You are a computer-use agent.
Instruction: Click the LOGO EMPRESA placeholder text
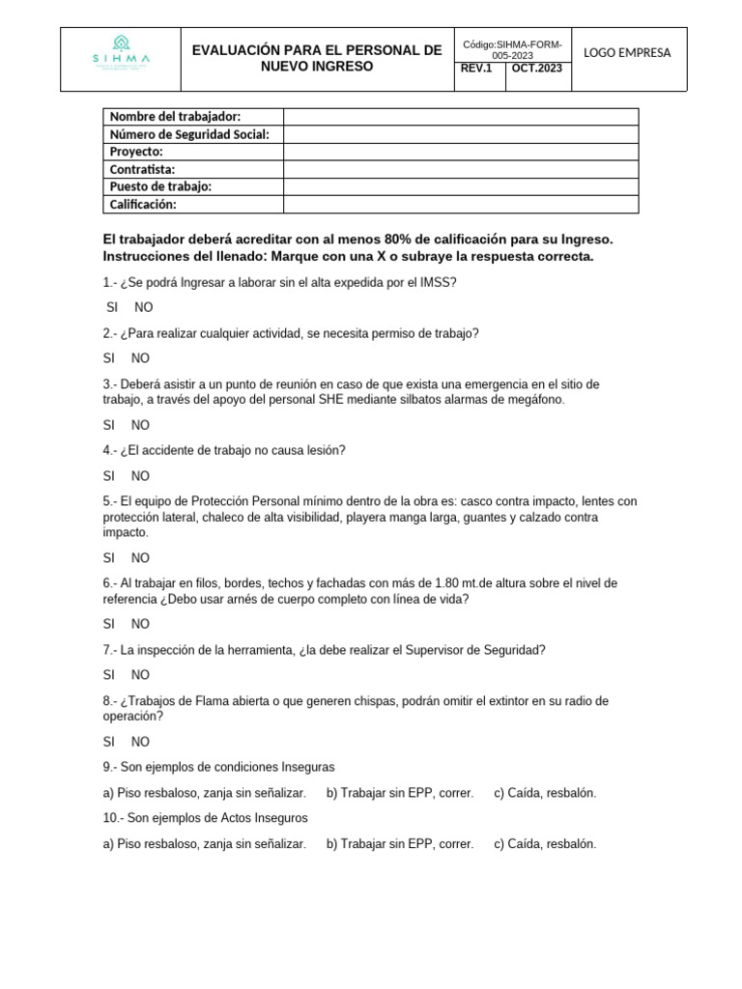[x=628, y=52]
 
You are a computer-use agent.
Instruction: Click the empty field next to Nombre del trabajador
[x=461, y=117]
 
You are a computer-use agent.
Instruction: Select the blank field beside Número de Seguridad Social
[x=461, y=134]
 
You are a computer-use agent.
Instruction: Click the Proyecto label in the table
[x=136, y=152]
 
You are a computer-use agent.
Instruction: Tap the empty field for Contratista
[x=461, y=169]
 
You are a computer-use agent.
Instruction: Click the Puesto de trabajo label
[x=160, y=186]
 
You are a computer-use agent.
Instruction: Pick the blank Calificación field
[x=461, y=204]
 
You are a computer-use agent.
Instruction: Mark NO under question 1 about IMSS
[x=144, y=307]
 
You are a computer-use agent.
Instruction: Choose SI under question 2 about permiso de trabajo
[x=108, y=357]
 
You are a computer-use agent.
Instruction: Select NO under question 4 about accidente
[x=140, y=475]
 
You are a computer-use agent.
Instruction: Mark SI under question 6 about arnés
[x=108, y=624]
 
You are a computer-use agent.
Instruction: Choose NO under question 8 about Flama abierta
[x=140, y=742]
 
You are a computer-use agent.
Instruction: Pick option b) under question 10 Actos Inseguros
[x=399, y=843]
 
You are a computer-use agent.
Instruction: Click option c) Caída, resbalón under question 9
[x=545, y=793]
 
